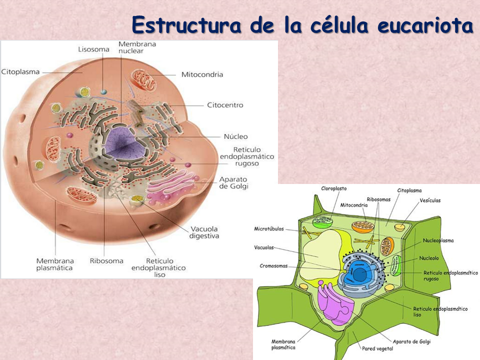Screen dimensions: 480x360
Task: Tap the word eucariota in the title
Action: point(425,25)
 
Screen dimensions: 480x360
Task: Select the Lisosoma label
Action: point(93,49)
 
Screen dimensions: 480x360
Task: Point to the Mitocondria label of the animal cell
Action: point(202,74)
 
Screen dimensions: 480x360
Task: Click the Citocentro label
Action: point(225,105)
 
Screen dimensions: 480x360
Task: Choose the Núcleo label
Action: point(235,136)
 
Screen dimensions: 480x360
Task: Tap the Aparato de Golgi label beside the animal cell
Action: point(233,183)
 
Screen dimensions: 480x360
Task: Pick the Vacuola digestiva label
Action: point(204,232)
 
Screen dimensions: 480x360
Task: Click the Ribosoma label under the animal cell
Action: point(106,260)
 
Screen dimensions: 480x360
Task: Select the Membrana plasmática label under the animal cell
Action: point(55,264)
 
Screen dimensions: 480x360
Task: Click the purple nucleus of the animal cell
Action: point(122,145)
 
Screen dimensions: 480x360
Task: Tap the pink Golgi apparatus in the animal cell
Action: point(167,192)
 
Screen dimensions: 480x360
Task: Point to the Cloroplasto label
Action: point(333,188)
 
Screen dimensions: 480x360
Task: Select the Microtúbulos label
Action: point(269,229)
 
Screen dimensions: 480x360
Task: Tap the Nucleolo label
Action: point(429,258)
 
